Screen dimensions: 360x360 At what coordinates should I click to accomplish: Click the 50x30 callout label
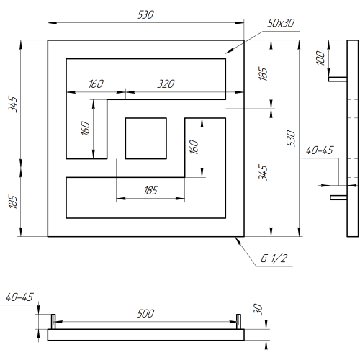click(x=281, y=23)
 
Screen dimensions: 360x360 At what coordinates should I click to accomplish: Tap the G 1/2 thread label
click(x=274, y=258)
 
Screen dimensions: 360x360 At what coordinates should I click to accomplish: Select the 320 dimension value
click(x=166, y=84)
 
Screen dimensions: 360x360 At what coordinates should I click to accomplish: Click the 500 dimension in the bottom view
click(x=145, y=313)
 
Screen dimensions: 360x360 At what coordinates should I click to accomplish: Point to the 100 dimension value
click(x=320, y=58)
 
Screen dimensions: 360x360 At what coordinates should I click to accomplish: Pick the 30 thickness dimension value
click(x=258, y=309)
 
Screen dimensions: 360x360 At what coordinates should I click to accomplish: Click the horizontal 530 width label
click(x=145, y=15)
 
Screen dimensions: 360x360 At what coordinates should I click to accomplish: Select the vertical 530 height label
click(x=291, y=138)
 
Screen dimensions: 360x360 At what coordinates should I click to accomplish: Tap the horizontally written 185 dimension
click(x=150, y=190)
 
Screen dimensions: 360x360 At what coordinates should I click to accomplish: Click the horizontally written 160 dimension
click(x=96, y=84)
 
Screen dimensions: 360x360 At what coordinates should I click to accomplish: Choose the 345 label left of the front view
click(x=13, y=104)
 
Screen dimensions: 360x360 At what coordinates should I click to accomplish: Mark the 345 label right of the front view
click(x=263, y=173)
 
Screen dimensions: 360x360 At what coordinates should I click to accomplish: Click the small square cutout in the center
click(x=146, y=138)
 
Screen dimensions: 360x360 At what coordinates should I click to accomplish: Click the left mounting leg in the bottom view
click(x=53, y=322)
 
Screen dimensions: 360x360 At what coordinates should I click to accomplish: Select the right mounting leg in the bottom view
click(x=238, y=322)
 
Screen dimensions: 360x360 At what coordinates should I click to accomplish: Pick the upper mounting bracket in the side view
click(x=338, y=79)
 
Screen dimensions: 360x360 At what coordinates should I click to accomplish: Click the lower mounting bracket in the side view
click(x=338, y=197)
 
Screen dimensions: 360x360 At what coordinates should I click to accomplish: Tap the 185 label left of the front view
click(x=13, y=202)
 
